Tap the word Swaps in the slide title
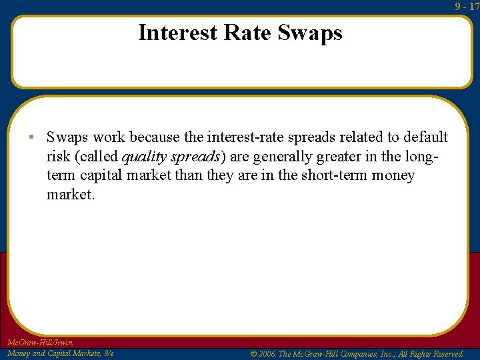click(310, 33)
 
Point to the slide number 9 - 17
click(467, 7)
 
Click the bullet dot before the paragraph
click(32, 138)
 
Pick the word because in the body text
click(154, 137)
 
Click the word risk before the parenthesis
click(59, 157)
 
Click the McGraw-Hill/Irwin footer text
click(39, 343)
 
